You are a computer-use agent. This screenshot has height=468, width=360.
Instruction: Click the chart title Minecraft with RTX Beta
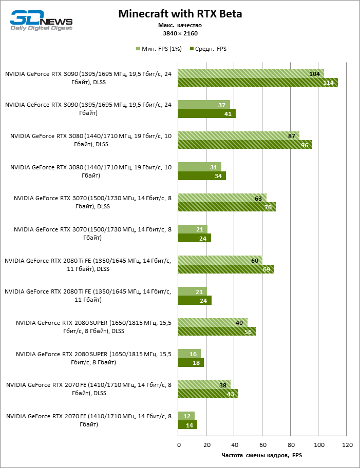click(x=180, y=14)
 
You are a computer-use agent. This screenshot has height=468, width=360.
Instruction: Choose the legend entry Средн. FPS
click(x=209, y=49)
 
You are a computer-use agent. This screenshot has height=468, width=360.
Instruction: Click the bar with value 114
click(x=258, y=82)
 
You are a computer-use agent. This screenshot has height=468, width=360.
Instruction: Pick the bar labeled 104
click(x=251, y=73)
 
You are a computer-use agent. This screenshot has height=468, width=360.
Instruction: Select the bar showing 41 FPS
click(x=206, y=113)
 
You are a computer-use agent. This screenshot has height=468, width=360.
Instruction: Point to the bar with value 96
click(x=245, y=145)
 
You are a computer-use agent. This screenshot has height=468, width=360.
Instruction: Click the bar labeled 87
click(x=239, y=136)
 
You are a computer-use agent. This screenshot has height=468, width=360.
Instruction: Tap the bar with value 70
click(x=227, y=207)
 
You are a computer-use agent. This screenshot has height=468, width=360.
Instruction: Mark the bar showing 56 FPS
click(x=217, y=332)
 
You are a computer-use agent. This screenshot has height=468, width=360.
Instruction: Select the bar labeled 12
click(x=186, y=416)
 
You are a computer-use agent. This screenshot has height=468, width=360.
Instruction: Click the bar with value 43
click(x=208, y=394)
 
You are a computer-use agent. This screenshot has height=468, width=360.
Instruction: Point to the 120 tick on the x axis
click(x=347, y=444)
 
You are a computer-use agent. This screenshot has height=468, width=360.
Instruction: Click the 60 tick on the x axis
click(x=263, y=444)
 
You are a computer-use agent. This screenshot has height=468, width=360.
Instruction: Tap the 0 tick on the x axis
click(x=178, y=444)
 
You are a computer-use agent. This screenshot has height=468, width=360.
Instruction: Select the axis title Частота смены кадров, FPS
click(x=262, y=455)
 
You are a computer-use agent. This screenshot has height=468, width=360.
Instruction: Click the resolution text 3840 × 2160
click(x=180, y=33)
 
